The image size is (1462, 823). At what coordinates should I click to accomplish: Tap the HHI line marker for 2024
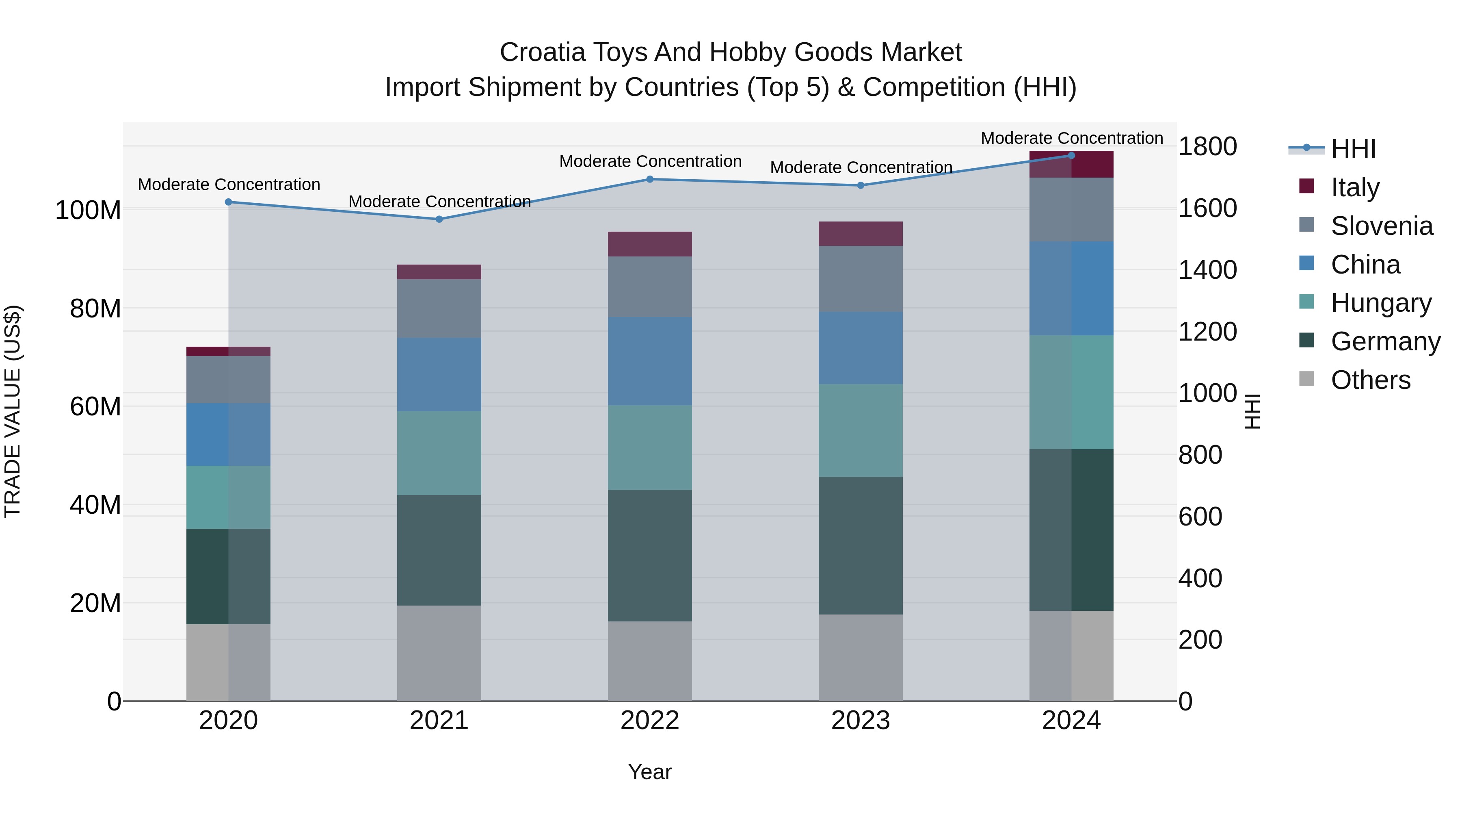point(1072,156)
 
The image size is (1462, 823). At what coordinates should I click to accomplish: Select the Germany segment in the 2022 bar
point(650,556)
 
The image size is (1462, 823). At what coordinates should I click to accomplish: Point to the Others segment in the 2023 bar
point(861,658)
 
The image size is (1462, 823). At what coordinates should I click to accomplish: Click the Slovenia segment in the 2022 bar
point(650,287)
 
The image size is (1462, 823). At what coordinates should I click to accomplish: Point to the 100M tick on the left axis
point(88,211)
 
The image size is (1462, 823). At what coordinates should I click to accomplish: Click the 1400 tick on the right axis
point(1207,270)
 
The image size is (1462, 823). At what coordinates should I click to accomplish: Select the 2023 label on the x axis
point(861,721)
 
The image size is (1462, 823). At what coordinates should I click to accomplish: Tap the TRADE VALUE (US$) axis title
point(13,411)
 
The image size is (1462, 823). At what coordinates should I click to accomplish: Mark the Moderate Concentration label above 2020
point(229,185)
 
